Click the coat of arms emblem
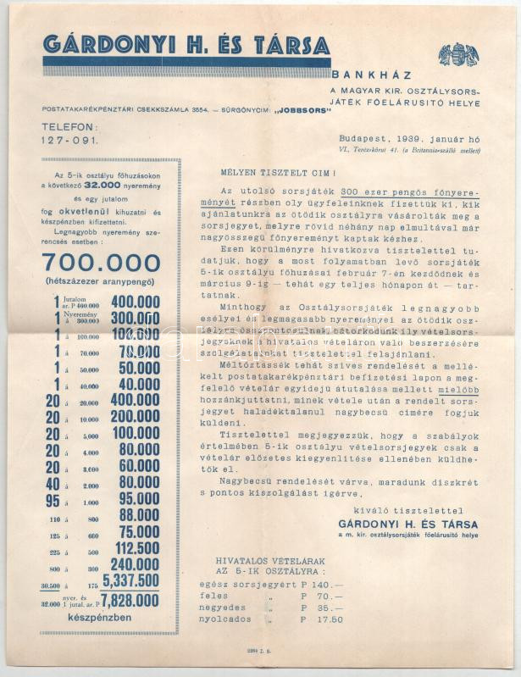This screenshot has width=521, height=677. coord(458,54)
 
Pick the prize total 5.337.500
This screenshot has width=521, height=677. coord(130,580)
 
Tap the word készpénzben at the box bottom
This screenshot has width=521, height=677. coord(108,618)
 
